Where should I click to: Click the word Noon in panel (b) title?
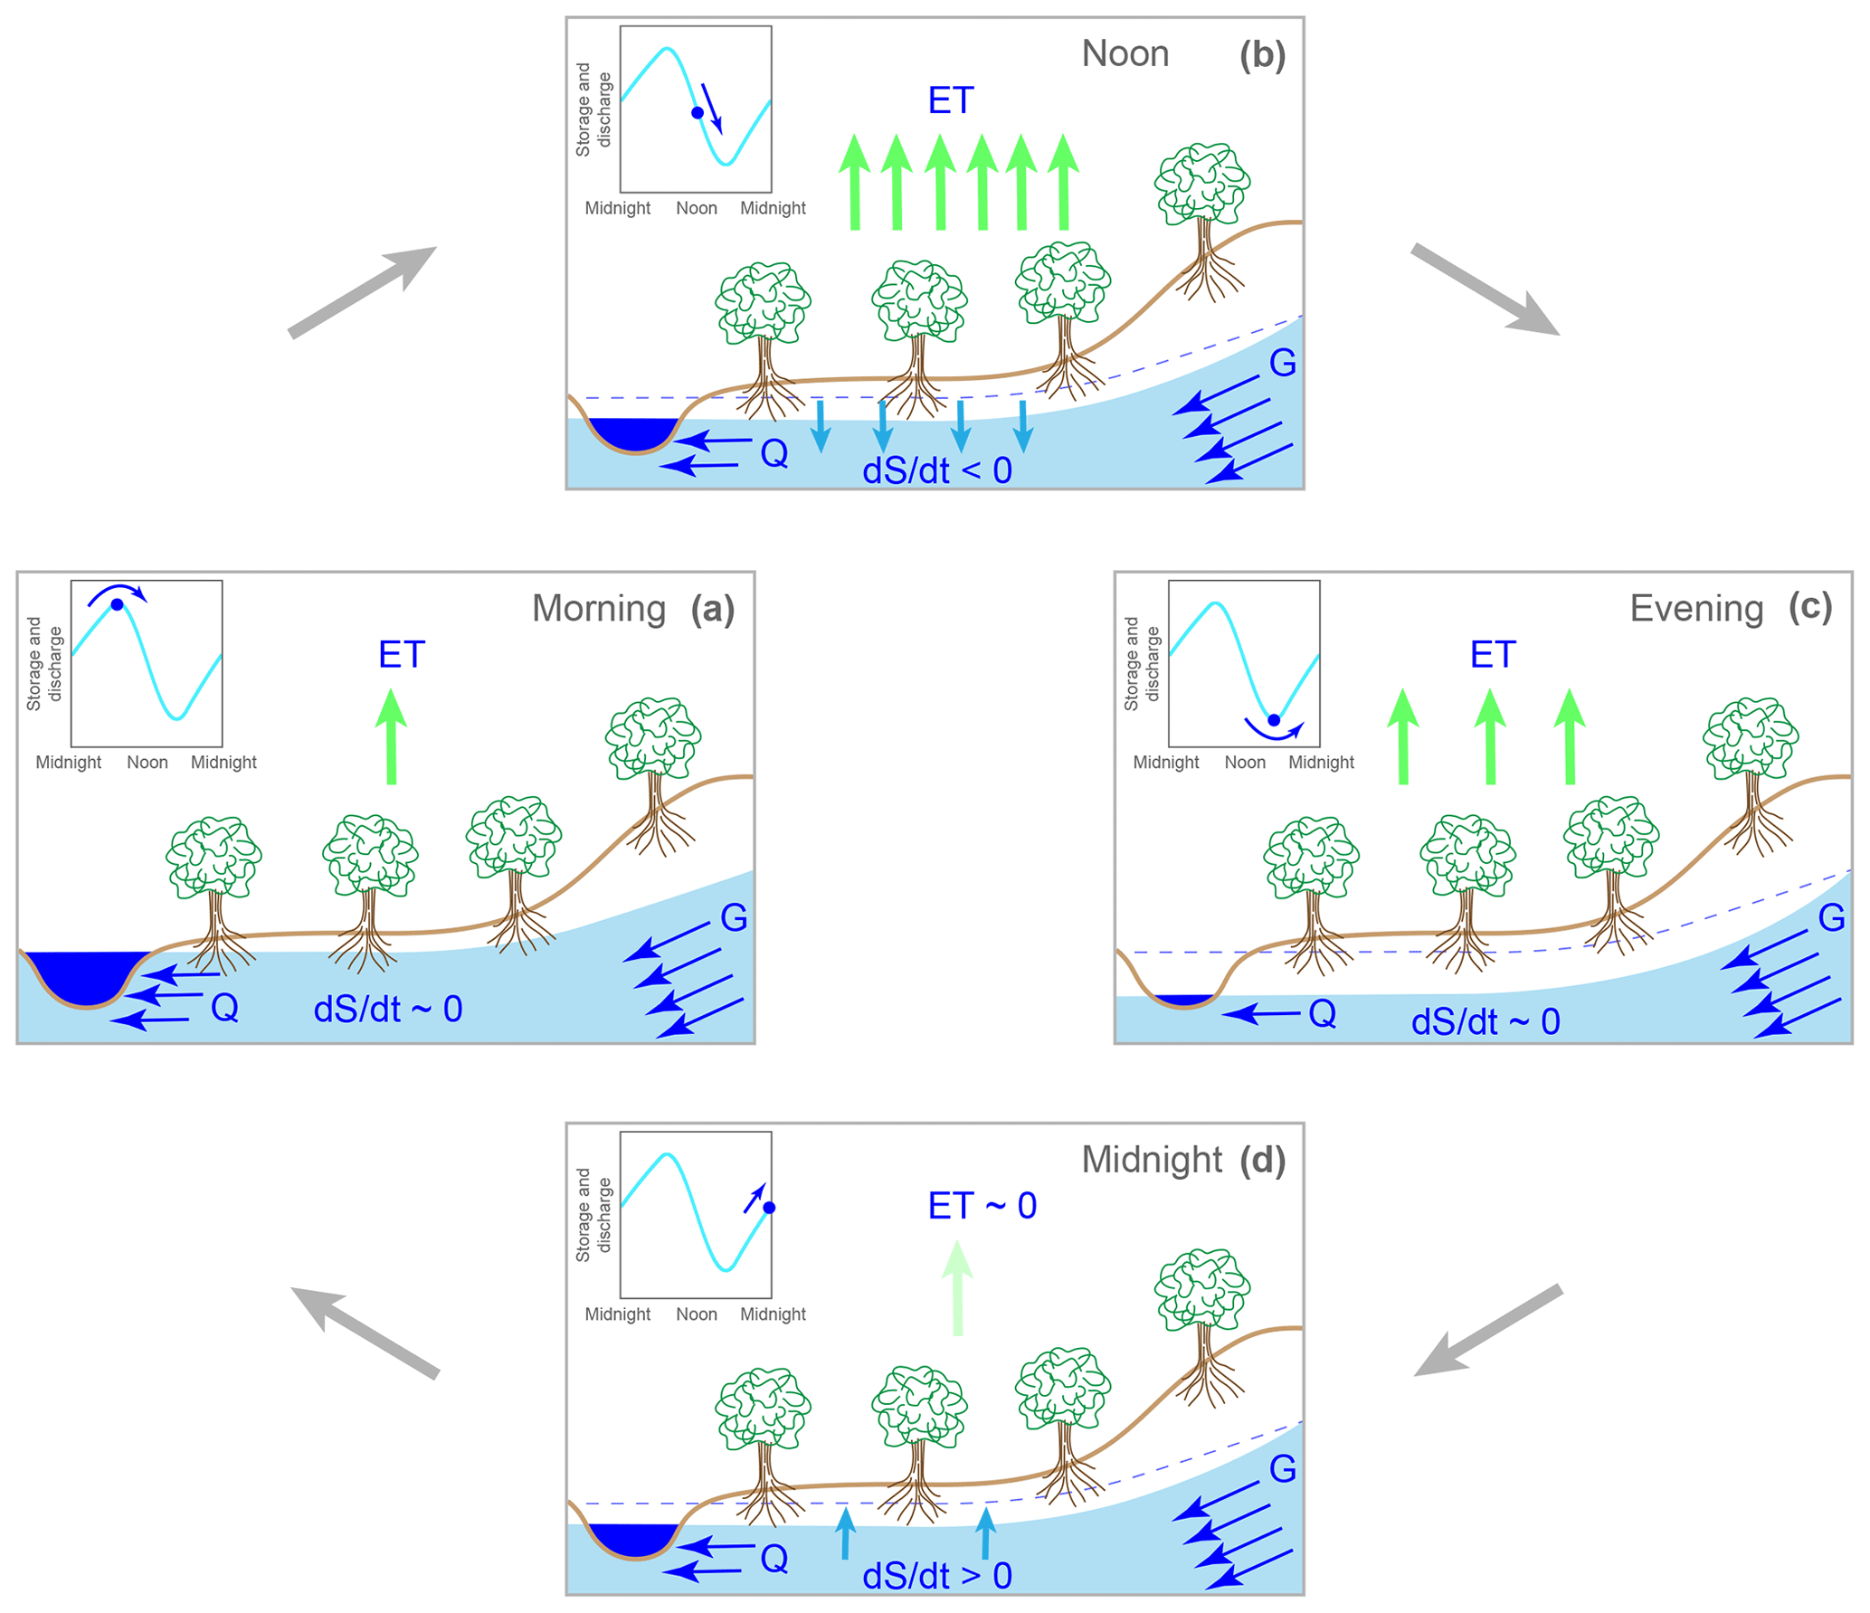click(1125, 54)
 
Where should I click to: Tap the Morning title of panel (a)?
click(598, 609)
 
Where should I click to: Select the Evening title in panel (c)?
click(1695, 609)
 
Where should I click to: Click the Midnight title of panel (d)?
click(1151, 1160)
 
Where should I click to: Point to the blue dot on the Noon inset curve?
click(697, 113)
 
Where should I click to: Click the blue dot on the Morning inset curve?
click(117, 604)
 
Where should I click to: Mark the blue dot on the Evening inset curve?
click(1273, 720)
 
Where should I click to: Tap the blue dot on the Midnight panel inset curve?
click(769, 1208)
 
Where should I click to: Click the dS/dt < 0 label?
click(936, 471)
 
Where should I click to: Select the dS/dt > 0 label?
click(936, 1577)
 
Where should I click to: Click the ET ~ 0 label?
click(982, 1206)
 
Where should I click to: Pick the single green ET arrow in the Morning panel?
click(391, 736)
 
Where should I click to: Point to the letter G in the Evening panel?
click(1831, 918)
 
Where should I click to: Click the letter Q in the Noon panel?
click(774, 453)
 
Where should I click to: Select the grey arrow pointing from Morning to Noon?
click(362, 292)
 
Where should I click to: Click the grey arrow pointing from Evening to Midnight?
click(1487, 1331)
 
